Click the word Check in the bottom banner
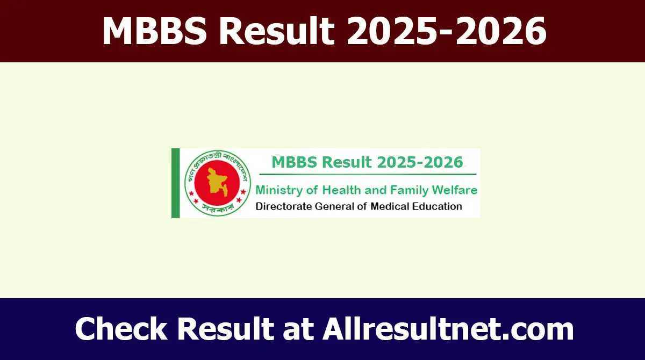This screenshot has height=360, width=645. (122, 329)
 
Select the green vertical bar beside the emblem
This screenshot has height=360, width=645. (175, 183)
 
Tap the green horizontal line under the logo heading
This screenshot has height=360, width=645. (368, 174)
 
